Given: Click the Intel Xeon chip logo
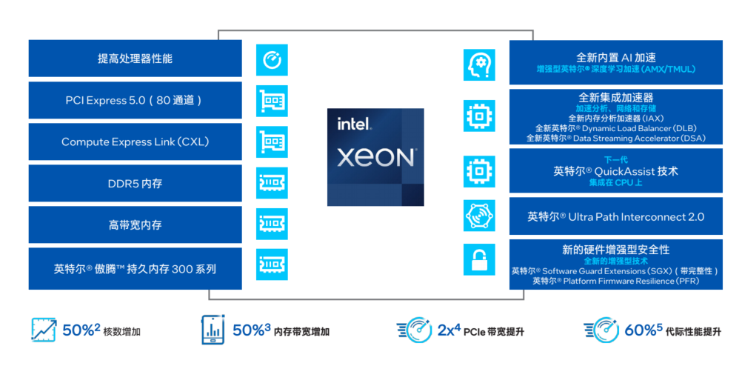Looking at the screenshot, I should [376, 157].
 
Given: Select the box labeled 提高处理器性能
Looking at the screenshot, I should [135, 59].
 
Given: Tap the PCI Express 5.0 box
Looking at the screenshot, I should [135, 100].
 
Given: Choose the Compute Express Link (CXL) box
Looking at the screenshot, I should [135, 142].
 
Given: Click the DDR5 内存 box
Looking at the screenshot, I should [135, 183].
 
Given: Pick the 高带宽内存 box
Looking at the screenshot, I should [135, 224].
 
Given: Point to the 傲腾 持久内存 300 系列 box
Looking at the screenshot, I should [135, 269].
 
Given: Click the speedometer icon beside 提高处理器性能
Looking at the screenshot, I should [272, 59].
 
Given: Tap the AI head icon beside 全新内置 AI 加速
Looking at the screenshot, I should [479, 64].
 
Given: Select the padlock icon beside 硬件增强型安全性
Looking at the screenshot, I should [479, 259].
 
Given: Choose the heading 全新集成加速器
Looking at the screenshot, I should [615, 97].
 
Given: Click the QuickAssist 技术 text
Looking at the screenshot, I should [615, 171].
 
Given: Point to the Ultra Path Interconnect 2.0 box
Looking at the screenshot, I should [615, 217].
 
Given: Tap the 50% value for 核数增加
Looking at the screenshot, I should [80, 330].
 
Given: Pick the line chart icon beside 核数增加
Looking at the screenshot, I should [44, 330].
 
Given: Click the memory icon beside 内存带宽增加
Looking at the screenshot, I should [213, 330].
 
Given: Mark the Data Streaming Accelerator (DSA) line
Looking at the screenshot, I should [615, 138].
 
